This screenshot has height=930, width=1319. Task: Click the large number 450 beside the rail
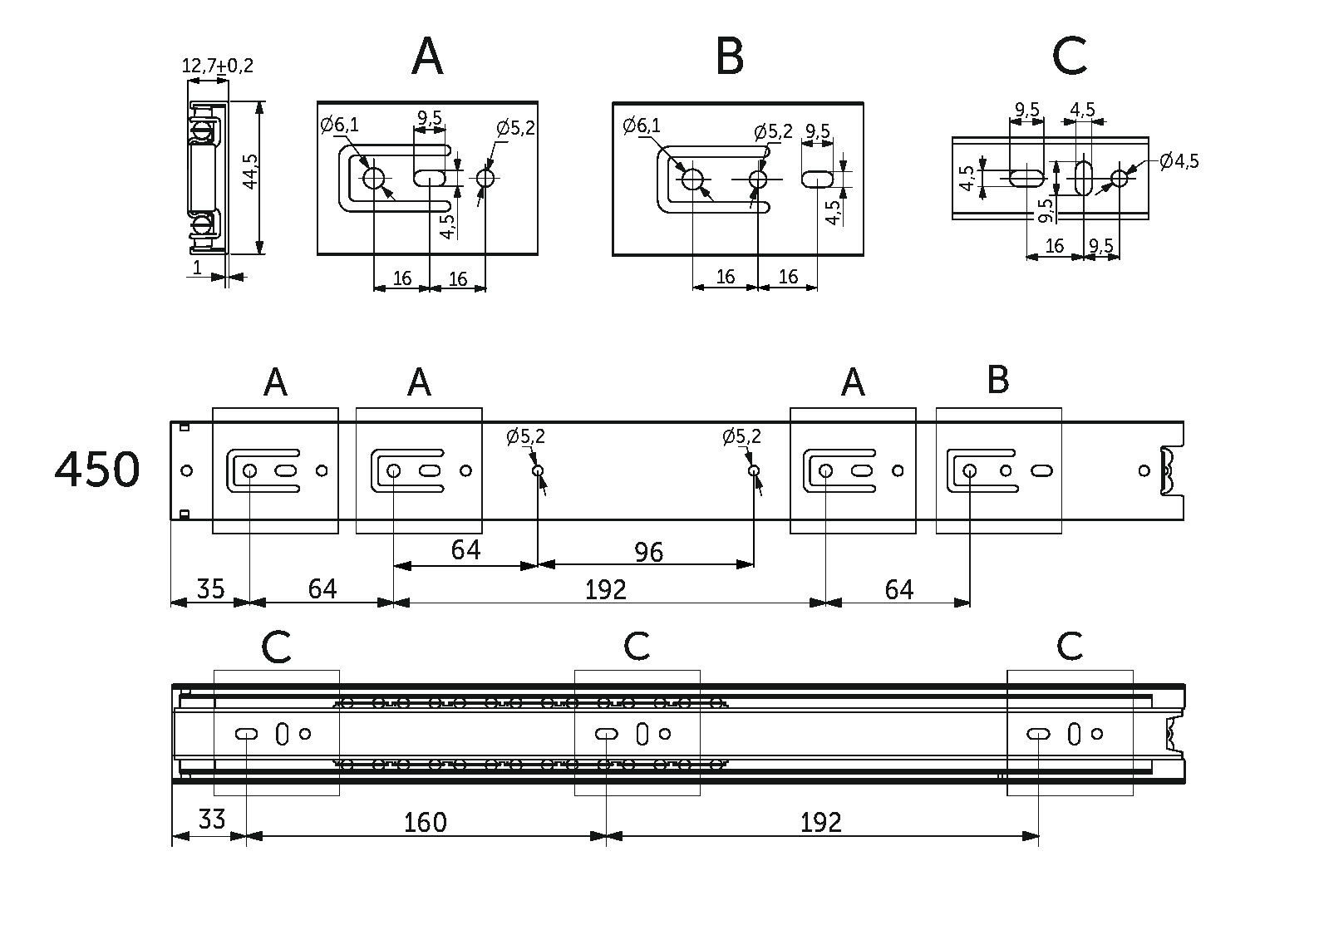(x=97, y=470)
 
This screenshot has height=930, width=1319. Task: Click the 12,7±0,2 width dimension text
(x=217, y=66)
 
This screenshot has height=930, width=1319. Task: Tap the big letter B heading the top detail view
(x=729, y=57)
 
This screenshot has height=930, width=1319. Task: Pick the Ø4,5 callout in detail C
(x=1179, y=161)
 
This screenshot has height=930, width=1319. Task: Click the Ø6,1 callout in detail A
(x=340, y=125)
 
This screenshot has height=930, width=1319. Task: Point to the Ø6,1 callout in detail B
(x=642, y=126)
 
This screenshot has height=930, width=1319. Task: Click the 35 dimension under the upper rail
(x=210, y=588)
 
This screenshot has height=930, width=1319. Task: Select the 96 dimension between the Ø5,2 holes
(x=648, y=552)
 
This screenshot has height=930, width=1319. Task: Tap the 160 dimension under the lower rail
(x=425, y=823)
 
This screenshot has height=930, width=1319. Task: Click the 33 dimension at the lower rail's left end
(x=211, y=820)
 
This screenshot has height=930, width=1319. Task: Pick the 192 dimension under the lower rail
(x=820, y=823)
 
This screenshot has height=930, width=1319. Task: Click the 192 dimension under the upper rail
(x=605, y=589)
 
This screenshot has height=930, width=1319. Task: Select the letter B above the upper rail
(x=997, y=380)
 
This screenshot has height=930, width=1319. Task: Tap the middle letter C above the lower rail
(x=637, y=646)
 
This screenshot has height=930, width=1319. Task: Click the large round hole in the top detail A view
(x=373, y=178)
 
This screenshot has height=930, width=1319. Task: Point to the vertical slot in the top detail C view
(x=1084, y=177)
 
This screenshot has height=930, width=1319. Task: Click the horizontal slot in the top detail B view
(x=818, y=178)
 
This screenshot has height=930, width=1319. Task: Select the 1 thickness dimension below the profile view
(x=197, y=268)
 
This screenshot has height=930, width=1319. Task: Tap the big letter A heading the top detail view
(x=427, y=57)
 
